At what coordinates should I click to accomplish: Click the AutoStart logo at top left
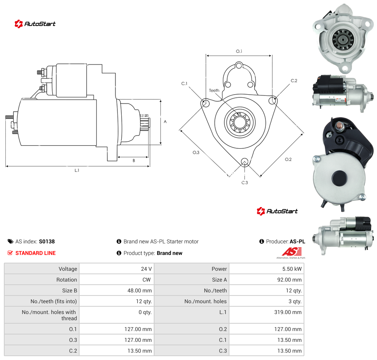coord(35,24)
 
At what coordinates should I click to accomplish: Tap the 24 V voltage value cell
coord(146,269)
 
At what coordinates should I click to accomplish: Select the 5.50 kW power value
coord(292,269)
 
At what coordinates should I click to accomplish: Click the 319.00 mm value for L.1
coord(288,312)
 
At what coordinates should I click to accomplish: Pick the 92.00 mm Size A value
coord(289,280)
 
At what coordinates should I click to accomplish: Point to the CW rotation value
coord(146,280)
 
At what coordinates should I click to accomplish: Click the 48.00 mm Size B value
coord(139,290)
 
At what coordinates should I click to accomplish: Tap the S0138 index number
coord(47,241)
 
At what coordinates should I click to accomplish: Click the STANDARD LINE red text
coord(36,253)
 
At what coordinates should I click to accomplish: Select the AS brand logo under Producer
coord(291,253)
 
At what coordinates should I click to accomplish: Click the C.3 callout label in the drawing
coord(245,183)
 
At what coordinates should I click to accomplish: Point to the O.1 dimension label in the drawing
coord(239,51)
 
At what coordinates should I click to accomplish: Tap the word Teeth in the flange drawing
coord(214,90)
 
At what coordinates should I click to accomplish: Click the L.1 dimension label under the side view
coord(77,170)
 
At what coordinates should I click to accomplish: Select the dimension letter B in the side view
coord(134,161)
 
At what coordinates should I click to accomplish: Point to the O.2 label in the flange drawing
coord(288,160)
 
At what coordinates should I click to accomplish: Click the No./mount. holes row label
coord(205,301)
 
